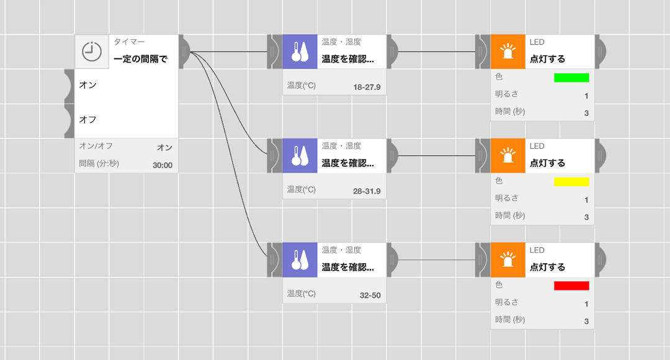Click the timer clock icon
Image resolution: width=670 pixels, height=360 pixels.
(92, 52)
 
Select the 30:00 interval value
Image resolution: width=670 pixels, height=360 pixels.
(163, 165)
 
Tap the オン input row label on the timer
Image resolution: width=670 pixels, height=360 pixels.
(88, 84)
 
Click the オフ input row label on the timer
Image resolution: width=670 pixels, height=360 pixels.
(88, 119)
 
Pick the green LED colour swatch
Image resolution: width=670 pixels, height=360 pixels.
(571, 78)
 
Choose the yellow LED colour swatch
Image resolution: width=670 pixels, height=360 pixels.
(571, 182)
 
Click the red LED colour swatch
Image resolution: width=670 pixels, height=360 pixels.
(571, 286)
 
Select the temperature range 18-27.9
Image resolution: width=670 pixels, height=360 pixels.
(367, 87)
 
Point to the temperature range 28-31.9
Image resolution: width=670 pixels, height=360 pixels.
(367, 191)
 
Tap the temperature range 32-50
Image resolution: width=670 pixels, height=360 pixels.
(370, 295)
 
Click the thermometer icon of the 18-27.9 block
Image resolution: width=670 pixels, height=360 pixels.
(300, 52)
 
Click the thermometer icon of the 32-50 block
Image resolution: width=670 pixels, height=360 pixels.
(300, 259)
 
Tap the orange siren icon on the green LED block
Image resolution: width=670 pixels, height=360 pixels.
(507, 52)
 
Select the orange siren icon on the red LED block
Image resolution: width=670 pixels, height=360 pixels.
(507, 259)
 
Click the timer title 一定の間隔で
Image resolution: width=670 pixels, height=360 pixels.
(141, 60)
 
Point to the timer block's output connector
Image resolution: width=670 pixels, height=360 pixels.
(184, 52)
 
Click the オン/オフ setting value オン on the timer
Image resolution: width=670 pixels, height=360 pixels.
(164, 147)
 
